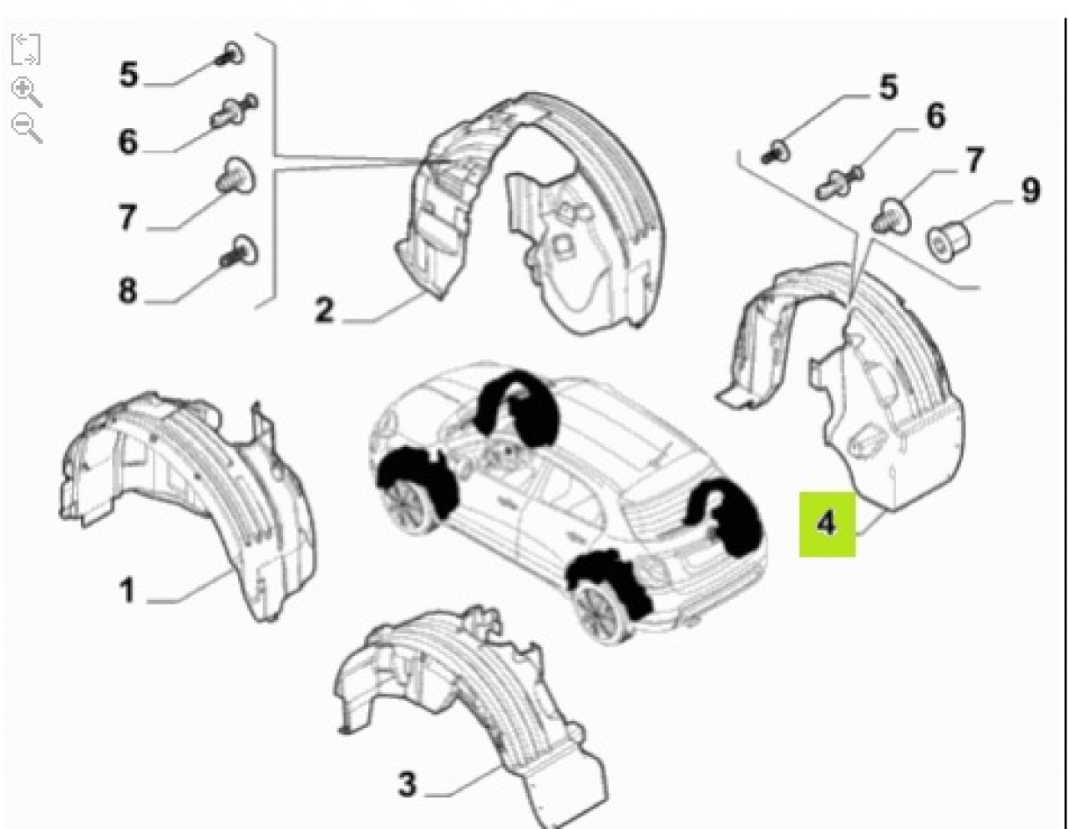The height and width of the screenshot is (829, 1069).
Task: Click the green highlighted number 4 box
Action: [x=827, y=524]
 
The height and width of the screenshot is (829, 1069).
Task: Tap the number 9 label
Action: [x=1031, y=191]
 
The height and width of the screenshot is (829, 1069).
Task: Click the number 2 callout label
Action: [x=324, y=310]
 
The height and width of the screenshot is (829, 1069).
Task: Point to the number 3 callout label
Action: [x=408, y=784]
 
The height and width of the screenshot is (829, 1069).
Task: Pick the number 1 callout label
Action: [x=127, y=590]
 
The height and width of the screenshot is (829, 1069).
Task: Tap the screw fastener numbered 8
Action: [x=239, y=252]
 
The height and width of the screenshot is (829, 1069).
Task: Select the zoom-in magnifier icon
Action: [x=26, y=92]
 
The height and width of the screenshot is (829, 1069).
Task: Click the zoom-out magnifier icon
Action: [x=26, y=128]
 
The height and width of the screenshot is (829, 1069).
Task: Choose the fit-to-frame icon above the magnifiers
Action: [x=26, y=49]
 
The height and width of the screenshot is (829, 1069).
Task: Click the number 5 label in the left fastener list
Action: [x=129, y=75]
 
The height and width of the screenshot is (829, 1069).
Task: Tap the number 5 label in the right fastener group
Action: [x=889, y=87]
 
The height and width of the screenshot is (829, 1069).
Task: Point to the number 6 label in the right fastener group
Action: [x=935, y=116]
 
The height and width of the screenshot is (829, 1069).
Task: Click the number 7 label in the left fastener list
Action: [x=128, y=216]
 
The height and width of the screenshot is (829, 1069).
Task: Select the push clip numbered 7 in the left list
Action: [x=236, y=175]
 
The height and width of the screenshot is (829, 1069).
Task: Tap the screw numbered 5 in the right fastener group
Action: [x=775, y=153]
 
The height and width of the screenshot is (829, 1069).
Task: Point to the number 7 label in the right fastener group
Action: [x=974, y=160]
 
